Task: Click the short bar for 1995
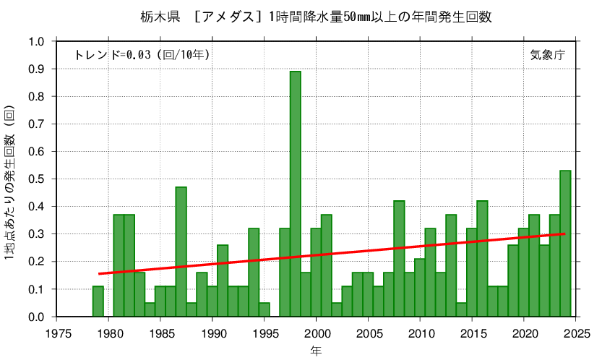(x=264, y=310)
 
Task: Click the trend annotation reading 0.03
(x=142, y=54)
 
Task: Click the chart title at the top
(x=301, y=17)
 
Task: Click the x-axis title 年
(x=316, y=351)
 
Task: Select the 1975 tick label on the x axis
(x=57, y=333)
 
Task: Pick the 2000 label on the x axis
(x=316, y=333)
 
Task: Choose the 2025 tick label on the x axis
(x=575, y=333)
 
